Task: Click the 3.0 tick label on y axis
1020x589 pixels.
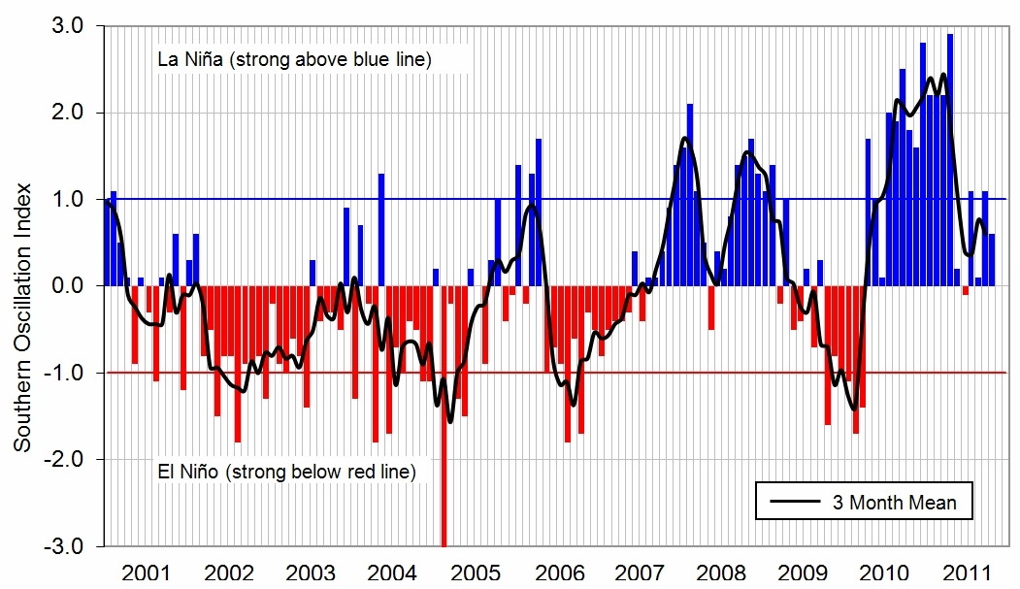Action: click(x=72, y=26)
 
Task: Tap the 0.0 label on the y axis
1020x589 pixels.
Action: click(x=72, y=286)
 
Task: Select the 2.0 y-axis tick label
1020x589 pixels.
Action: click(x=72, y=113)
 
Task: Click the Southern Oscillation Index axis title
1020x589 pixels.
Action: click(x=20, y=316)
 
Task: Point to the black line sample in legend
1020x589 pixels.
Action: click(x=797, y=503)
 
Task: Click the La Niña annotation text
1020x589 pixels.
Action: click(x=294, y=60)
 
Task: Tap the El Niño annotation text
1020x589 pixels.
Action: click(x=286, y=473)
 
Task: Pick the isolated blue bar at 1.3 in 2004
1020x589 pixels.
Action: click(x=381, y=230)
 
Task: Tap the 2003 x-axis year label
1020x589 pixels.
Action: click(x=312, y=571)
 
